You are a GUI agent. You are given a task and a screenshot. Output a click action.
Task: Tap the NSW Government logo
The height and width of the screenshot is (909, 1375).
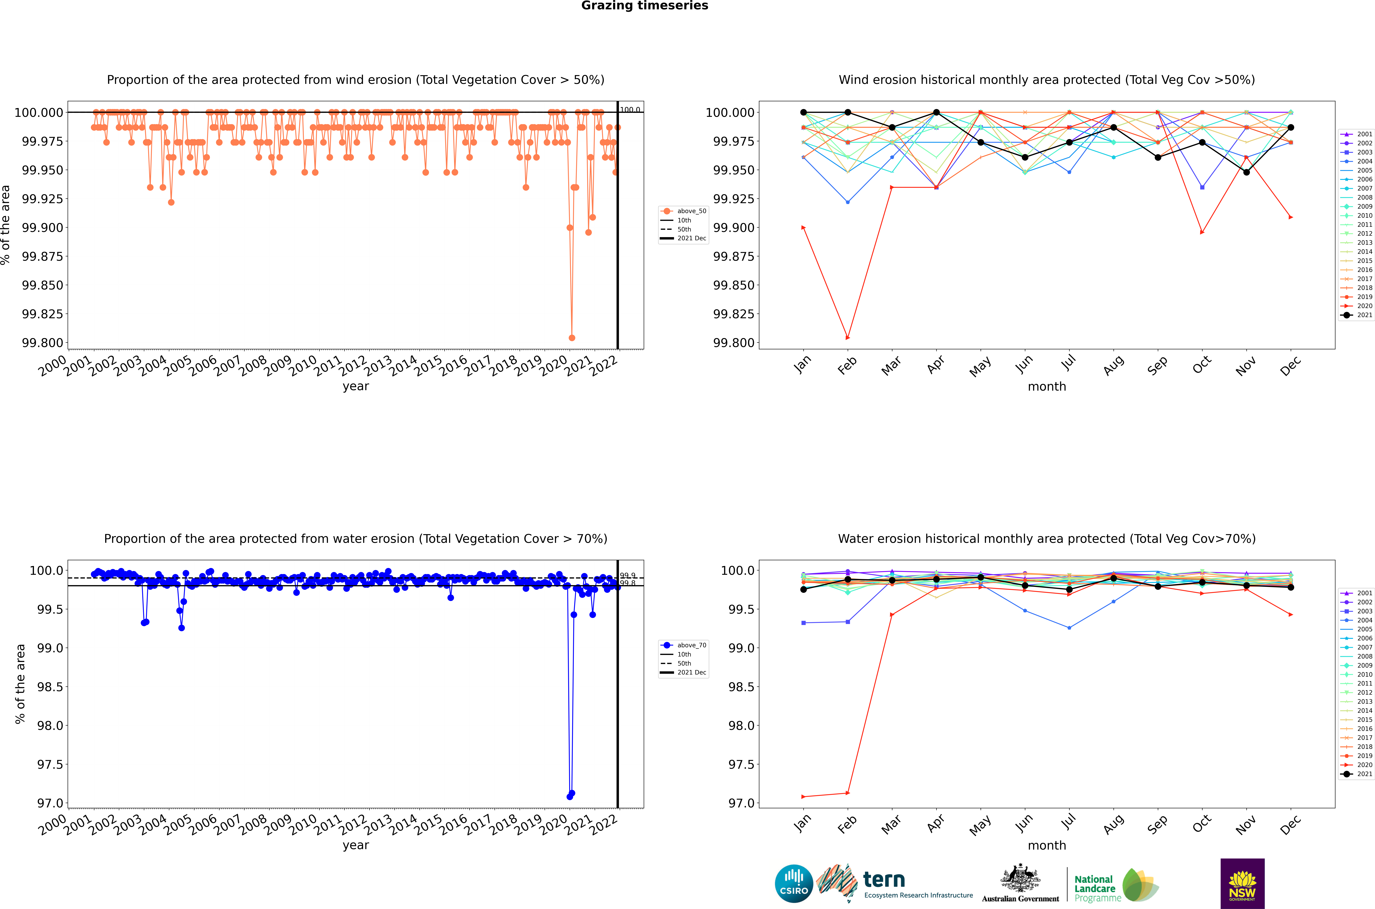[1242, 884]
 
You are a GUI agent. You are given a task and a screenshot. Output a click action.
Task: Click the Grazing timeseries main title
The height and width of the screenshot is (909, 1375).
[644, 6]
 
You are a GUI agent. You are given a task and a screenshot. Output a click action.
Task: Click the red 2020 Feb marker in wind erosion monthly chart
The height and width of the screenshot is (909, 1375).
[848, 337]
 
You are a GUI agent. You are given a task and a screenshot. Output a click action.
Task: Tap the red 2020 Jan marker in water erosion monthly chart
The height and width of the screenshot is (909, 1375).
[803, 796]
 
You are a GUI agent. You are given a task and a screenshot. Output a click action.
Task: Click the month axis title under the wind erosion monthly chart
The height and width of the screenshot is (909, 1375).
[1046, 387]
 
